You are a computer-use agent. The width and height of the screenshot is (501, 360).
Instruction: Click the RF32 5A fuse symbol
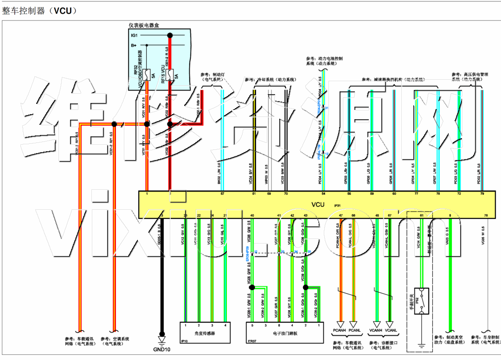click(x=147, y=75)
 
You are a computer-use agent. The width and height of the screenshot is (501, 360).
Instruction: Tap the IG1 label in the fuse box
click(x=134, y=36)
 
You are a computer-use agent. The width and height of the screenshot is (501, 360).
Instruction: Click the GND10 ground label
click(x=162, y=349)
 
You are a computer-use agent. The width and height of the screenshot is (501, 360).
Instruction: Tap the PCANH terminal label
click(x=340, y=330)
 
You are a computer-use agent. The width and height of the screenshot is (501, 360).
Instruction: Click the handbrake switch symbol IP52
click(x=421, y=296)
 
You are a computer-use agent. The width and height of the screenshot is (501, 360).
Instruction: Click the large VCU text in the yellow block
click(x=318, y=204)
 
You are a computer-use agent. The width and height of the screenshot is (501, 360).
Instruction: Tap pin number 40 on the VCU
click(x=252, y=216)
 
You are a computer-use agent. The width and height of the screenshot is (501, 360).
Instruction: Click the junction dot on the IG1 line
click(x=170, y=35)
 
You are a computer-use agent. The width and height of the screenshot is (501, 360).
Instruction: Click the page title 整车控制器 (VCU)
click(x=39, y=11)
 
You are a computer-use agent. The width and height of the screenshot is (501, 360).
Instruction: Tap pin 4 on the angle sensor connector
click(x=225, y=325)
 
